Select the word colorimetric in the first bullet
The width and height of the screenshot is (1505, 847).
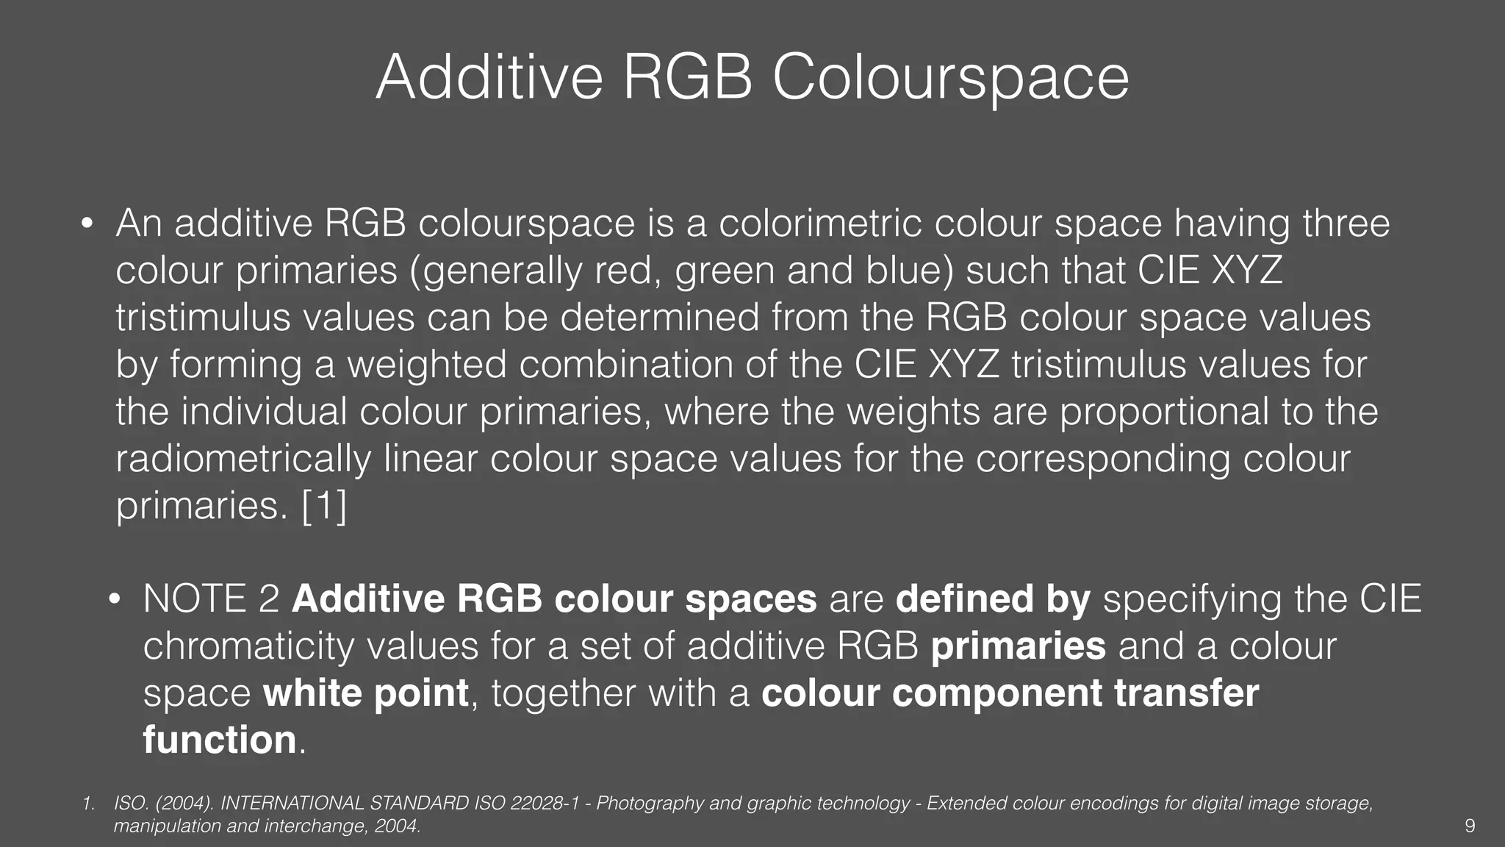[x=819, y=224]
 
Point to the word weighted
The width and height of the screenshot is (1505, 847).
[x=426, y=365]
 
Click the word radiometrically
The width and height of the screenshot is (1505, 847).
[x=243, y=459]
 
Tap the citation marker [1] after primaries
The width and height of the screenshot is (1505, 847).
[x=324, y=506]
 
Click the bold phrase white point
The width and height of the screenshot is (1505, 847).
[x=366, y=693]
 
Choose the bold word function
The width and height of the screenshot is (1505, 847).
[x=219, y=740]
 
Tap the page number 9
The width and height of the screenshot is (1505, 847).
[x=1469, y=826]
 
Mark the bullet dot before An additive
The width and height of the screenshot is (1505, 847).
[x=86, y=224]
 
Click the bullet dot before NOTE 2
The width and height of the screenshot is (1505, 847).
[x=114, y=601]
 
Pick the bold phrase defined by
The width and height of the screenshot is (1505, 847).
[x=993, y=599]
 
